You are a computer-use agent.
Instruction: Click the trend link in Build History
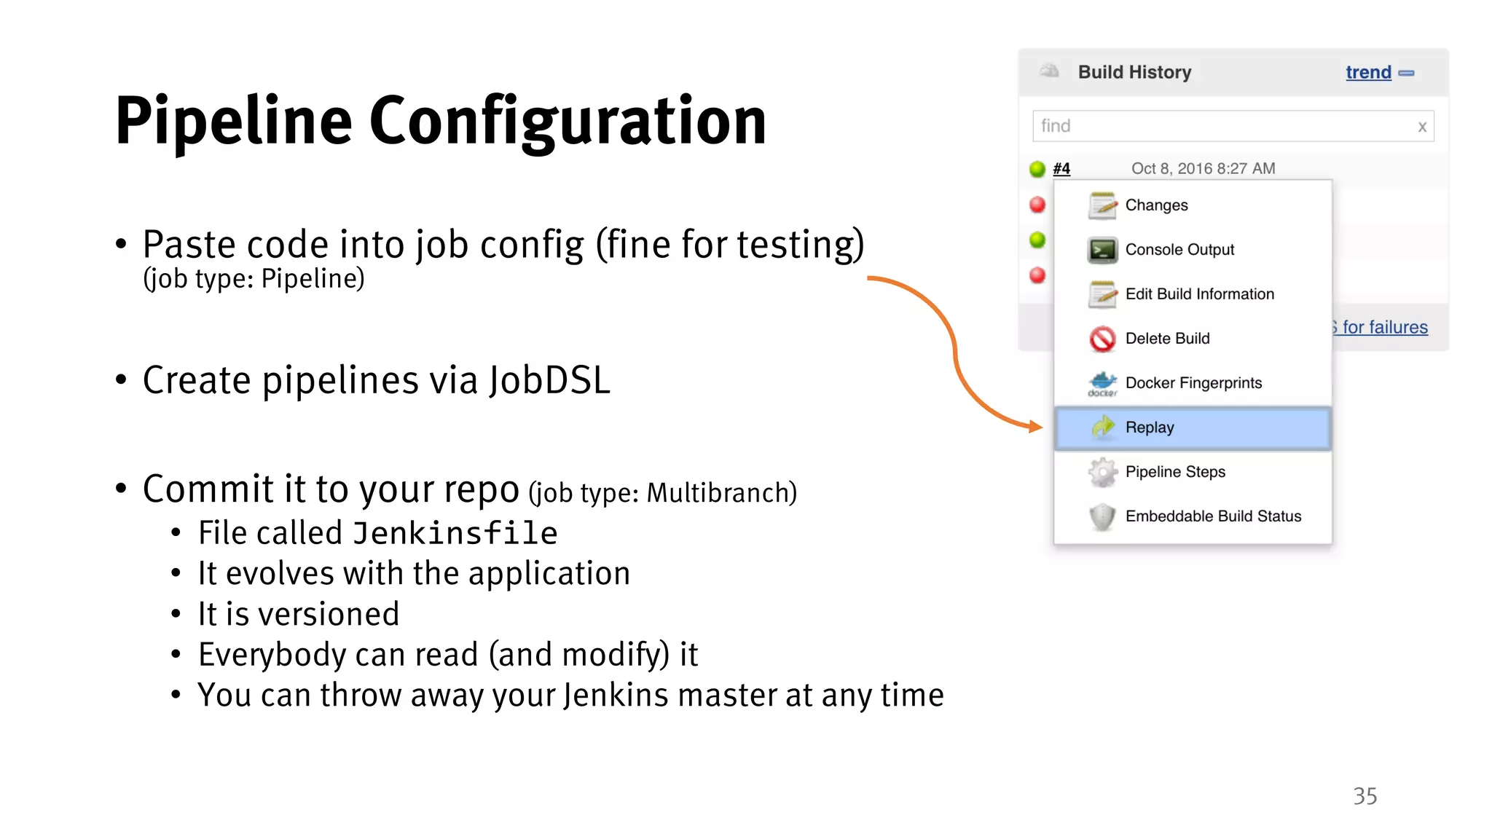(x=1367, y=72)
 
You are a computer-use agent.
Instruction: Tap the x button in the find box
(x=1421, y=127)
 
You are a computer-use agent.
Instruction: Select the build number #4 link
(x=1061, y=168)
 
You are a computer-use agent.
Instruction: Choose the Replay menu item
(x=1149, y=428)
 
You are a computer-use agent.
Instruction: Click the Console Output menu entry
(x=1179, y=250)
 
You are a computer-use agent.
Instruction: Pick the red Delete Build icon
(x=1102, y=339)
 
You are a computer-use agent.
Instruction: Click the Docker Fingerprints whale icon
(x=1102, y=383)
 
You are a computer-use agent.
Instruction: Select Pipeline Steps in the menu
(x=1174, y=472)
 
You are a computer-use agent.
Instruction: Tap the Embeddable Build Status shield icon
(x=1102, y=516)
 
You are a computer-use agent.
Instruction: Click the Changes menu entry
(x=1156, y=205)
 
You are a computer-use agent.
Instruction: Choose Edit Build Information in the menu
(x=1199, y=294)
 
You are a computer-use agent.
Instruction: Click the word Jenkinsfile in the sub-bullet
(x=455, y=533)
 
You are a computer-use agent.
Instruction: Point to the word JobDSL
(x=549, y=380)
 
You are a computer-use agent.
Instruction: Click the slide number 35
(x=1365, y=796)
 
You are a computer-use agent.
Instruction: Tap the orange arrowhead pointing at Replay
(x=1036, y=427)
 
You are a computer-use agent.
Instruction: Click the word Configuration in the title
(x=568, y=122)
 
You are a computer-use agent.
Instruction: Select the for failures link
(x=1383, y=327)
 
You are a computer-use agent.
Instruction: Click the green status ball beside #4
(x=1037, y=169)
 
